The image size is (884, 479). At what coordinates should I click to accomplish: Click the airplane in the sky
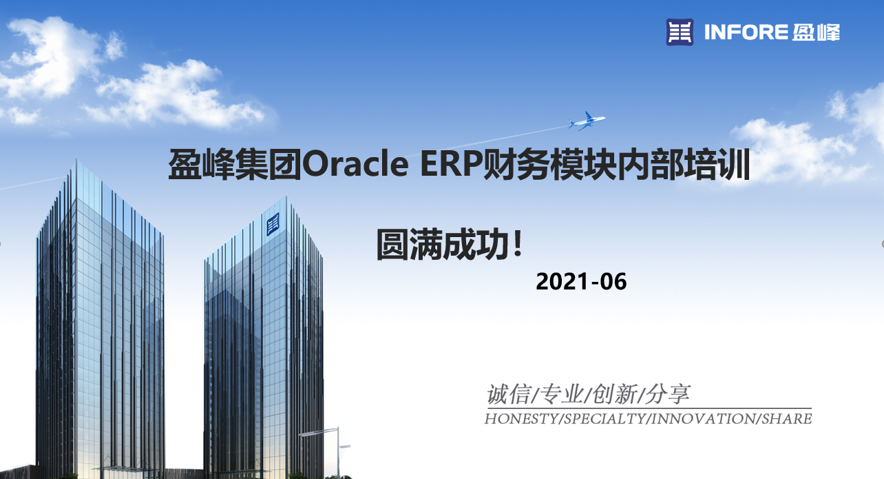pyautogui.click(x=586, y=121)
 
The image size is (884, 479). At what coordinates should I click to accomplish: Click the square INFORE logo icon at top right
pyautogui.click(x=680, y=32)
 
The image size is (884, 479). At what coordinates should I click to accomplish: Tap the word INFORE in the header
pyautogui.click(x=746, y=32)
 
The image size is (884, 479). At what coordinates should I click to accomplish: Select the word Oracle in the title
pyautogui.click(x=355, y=163)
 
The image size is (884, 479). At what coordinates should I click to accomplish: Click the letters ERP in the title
pyautogui.click(x=452, y=163)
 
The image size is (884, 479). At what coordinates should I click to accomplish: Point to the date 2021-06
pyautogui.click(x=581, y=281)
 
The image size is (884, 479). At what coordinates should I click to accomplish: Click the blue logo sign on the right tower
pyautogui.click(x=273, y=224)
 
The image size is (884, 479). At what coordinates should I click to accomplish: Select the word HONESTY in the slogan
pyautogui.click(x=521, y=419)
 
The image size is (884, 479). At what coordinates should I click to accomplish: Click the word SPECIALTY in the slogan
pyautogui.click(x=605, y=419)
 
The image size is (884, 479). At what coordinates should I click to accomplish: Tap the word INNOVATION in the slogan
pyautogui.click(x=703, y=419)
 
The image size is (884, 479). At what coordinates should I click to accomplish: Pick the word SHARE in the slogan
pyautogui.click(x=786, y=419)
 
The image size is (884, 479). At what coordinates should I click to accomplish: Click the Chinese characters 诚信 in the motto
pyautogui.click(x=509, y=394)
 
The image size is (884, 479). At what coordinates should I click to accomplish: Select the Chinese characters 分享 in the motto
pyautogui.click(x=667, y=394)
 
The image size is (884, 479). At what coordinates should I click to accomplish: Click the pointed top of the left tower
pyautogui.click(x=76, y=161)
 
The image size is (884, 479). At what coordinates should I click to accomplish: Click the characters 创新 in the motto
pyautogui.click(x=614, y=394)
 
